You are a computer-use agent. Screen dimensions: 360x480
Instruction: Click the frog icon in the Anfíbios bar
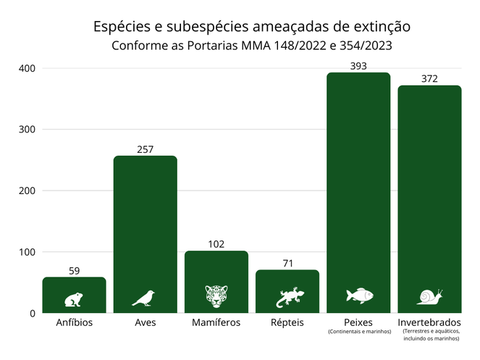pos(74,298)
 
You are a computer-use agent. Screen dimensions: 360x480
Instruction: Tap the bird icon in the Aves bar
pos(143,298)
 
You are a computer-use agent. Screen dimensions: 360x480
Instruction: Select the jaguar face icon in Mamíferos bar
pos(216,296)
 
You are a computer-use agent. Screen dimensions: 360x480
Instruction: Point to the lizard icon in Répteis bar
pos(287,296)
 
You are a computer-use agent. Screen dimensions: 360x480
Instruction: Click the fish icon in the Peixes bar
pos(359,296)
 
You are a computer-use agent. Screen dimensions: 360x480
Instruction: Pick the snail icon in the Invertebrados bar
pos(429,296)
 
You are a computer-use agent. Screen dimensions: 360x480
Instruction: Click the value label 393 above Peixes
pos(358,66)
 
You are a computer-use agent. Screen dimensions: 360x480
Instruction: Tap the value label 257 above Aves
pos(146,149)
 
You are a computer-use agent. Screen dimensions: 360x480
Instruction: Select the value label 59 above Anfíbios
pos(74,271)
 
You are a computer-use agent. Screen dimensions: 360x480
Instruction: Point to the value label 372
pos(429,79)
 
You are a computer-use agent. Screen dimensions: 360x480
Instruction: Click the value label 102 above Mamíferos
pos(216,244)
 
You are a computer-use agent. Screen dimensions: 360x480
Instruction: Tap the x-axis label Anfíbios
pos(75,322)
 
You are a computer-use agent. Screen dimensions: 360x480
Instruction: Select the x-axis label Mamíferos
pos(216,322)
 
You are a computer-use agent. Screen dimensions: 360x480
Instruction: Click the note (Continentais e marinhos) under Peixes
pos(359,332)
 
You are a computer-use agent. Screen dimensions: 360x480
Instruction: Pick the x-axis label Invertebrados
pos(429,322)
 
